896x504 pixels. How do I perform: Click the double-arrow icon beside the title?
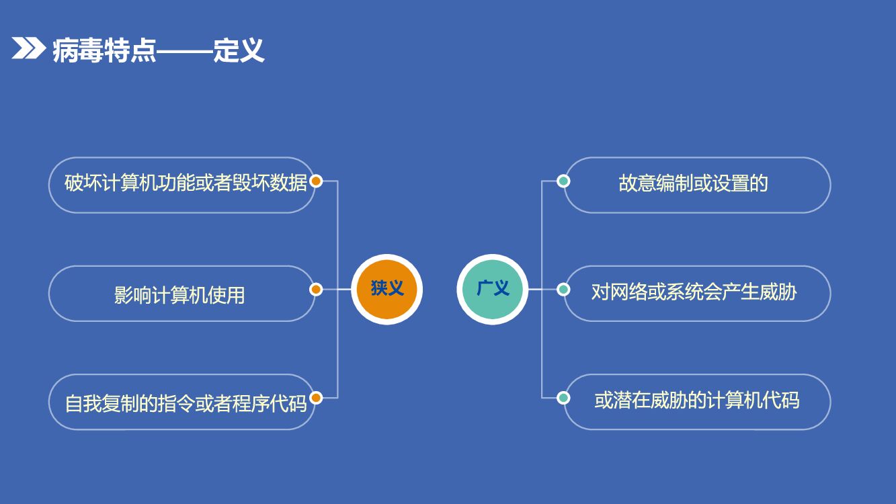(x=28, y=48)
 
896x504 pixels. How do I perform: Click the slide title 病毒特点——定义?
(x=158, y=50)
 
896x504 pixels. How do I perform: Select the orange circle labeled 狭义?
(x=386, y=290)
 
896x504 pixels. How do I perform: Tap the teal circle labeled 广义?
(x=493, y=290)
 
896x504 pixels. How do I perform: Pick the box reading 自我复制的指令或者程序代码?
(x=181, y=402)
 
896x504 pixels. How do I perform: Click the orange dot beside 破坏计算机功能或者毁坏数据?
(x=317, y=181)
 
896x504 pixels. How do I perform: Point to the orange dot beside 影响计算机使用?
(x=317, y=290)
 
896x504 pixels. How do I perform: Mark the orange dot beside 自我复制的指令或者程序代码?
(x=317, y=398)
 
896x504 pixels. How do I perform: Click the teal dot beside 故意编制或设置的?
(x=564, y=181)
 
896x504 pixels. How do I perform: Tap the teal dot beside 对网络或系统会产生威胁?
(x=564, y=290)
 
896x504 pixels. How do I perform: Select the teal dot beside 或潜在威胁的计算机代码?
(x=564, y=398)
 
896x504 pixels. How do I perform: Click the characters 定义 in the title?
(x=239, y=50)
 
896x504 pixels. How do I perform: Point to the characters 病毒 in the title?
(x=78, y=50)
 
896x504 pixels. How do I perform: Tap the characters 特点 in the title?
(x=130, y=50)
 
